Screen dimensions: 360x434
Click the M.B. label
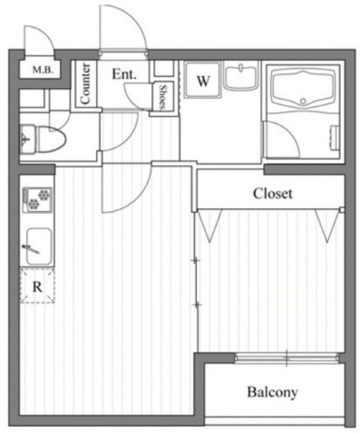(43, 71)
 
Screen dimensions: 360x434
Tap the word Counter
(85, 83)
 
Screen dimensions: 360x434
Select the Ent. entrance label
(124, 74)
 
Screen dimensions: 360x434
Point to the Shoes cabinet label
(163, 97)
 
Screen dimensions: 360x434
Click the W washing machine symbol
(203, 80)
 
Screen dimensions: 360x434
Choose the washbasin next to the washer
(241, 77)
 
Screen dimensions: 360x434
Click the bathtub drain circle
(303, 101)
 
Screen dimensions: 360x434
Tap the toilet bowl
(51, 140)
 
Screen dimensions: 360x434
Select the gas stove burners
(37, 198)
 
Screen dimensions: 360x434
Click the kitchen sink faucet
(31, 249)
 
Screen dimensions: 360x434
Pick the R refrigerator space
(37, 285)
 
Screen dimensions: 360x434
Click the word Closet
(273, 194)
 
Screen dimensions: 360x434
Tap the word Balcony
(272, 392)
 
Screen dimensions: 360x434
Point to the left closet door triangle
(209, 225)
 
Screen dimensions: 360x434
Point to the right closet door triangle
(327, 225)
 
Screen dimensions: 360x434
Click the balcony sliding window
(287, 358)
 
